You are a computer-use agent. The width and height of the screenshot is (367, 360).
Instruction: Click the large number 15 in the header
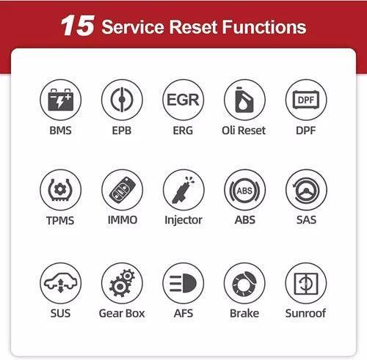[x=76, y=27]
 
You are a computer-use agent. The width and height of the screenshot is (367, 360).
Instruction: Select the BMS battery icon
[x=60, y=100]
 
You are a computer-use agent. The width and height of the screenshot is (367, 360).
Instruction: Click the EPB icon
[x=122, y=100]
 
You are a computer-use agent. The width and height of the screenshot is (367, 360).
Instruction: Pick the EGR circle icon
[x=183, y=100]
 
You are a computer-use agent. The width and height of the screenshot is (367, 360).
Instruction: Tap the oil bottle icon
[x=244, y=100]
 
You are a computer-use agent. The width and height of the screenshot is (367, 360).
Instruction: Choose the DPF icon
[x=305, y=100]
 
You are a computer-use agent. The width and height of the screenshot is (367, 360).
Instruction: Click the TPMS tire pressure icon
[x=60, y=190]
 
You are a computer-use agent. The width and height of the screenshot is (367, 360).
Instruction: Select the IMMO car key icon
[x=122, y=190]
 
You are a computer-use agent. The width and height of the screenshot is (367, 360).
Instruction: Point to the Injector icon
[x=183, y=190]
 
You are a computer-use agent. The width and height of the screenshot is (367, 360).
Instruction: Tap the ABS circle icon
[x=244, y=190]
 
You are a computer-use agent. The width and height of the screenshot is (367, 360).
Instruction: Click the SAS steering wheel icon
[x=305, y=190]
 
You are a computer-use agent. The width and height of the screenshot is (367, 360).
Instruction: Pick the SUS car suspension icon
[x=60, y=283]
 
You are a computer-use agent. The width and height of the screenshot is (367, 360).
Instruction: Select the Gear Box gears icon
[x=122, y=283]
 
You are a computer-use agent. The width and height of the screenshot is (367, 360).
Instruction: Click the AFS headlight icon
[x=183, y=283]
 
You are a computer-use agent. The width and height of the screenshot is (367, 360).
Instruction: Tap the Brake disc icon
[x=244, y=283]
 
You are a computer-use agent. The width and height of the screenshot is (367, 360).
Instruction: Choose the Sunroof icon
[x=305, y=283]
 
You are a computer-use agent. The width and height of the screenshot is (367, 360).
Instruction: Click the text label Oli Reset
[x=244, y=131]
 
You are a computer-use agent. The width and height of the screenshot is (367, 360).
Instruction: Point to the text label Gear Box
[x=122, y=313]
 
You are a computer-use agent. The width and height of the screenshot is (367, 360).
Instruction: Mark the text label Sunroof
[x=305, y=313]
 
